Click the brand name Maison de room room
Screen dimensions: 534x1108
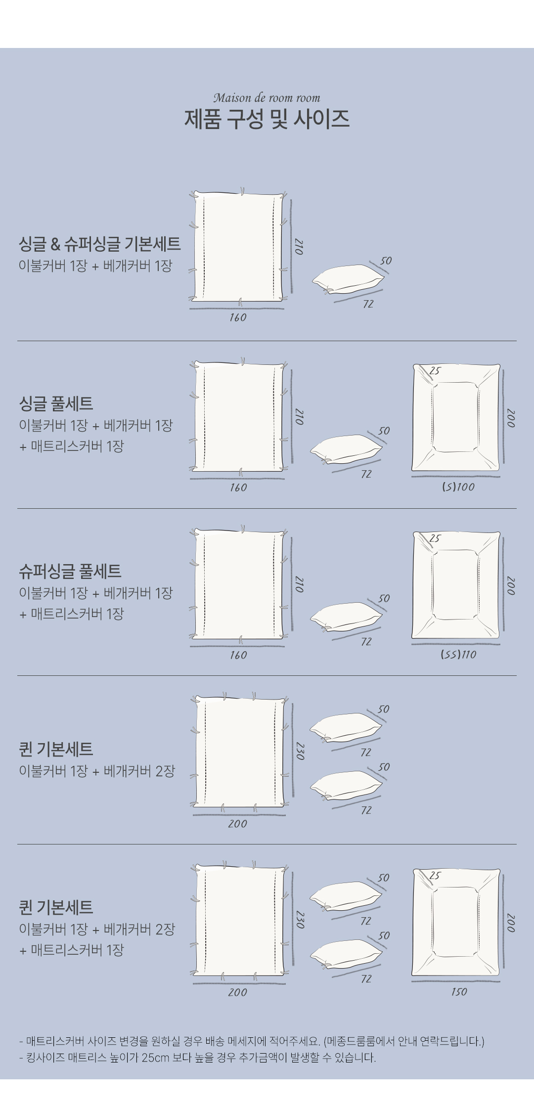(x=267, y=97)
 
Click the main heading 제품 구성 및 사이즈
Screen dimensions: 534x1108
(x=267, y=119)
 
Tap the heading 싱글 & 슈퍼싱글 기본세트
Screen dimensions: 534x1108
(x=100, y=244)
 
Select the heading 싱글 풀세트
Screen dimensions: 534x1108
(x=56, y=403)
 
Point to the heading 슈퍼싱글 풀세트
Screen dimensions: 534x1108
(x=70, y=571)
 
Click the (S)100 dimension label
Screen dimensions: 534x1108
(x=458, y=487)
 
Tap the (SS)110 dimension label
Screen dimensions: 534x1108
(x=458, y=655)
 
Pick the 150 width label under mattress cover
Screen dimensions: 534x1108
(x=459, y=992)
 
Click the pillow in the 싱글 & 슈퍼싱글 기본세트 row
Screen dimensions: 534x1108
(x=348, y=279)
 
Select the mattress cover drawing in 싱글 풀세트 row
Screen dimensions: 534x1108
(x=456, y=417)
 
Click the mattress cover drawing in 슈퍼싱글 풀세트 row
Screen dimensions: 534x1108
(x=456, y=585)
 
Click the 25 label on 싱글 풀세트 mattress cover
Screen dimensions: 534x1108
(x=435, y=370)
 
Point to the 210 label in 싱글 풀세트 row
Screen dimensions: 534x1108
(x=299, y=416)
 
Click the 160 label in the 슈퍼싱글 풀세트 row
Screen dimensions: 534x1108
(x=238, y=655)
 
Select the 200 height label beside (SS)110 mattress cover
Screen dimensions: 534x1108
(x=511, y=586)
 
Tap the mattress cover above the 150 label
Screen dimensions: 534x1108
(x=456, y=922)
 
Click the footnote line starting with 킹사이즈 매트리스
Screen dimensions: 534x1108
(x=198, y=1058)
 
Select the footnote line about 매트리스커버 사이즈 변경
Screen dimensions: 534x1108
(x=252, y=1041)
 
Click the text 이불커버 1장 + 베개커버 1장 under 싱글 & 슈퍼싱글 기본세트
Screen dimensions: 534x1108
(x=95, y=266)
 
